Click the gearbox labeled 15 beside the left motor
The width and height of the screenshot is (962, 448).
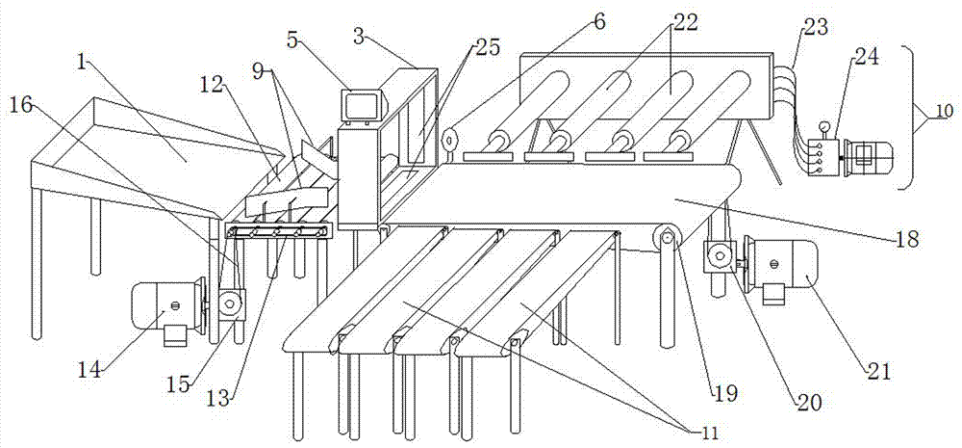228,304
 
